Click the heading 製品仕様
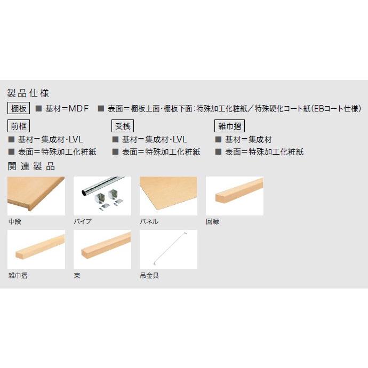click(x=28, y=93)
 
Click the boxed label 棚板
click(x=19, y=109)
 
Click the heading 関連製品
click(x=31, y=166)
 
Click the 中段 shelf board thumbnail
click(x=36, y=196)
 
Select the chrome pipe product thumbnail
click(x=102, y=196)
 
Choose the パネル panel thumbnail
click(x=168, y=196)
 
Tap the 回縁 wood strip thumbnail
click(x=234, y=196)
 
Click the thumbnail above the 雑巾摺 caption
click(x=36, y=249)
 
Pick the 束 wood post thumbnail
click(x=102, y=249)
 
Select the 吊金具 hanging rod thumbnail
click(x=168, y=249)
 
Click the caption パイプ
click(x=83, y=221)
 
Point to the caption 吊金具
click(x=149, y=276)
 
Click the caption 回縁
click(x=212, y=221)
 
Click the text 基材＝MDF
click(x=67, y=109)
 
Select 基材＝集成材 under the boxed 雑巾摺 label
click(x=248, y=140)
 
